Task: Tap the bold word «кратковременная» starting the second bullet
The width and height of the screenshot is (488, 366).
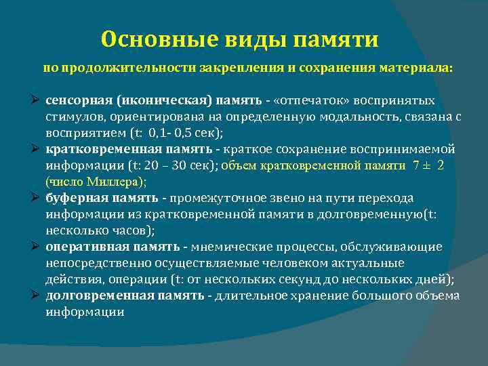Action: (104, 149)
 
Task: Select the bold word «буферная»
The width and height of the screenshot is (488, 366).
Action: (74, 198)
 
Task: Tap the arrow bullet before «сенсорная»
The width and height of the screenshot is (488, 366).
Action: (37, 100)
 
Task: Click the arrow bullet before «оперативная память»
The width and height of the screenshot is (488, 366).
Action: (37, 247)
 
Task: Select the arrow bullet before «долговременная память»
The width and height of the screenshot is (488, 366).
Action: (37, 296)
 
